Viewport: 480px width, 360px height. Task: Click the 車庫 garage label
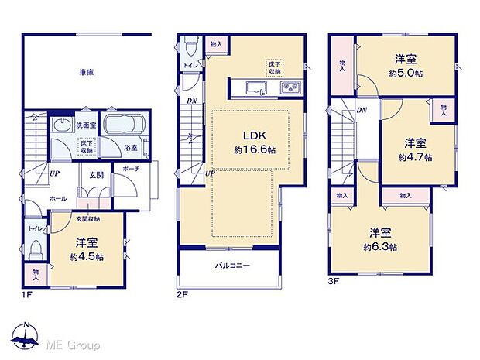click(x=86, y=74)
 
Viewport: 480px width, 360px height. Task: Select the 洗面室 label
click(x=85, y=125)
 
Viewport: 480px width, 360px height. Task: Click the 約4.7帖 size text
click(x=416, y=156)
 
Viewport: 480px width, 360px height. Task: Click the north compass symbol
click(x=28, y=338)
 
